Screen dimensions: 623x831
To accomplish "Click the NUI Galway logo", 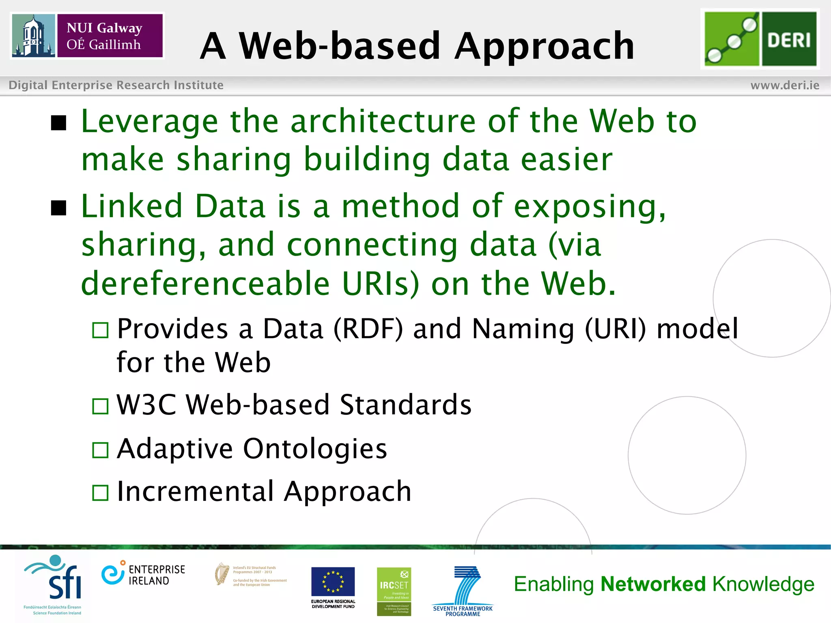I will (87, 36).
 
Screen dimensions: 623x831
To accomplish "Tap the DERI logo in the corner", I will (760, 39).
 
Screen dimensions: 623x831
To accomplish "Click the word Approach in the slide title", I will (544, 46).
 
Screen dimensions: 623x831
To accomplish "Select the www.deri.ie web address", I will (785, 85).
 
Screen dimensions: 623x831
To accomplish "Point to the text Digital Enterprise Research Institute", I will (116, 85).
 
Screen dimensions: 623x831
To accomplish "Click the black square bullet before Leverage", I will (59, 123).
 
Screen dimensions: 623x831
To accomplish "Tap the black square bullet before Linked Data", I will (59, 208).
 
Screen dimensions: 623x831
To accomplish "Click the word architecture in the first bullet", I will (383, 121).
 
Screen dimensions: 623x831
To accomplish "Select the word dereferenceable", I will (205, 284).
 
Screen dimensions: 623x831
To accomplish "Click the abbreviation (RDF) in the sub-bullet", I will (368, 329).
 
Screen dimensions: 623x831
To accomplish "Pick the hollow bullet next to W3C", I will (100, 406).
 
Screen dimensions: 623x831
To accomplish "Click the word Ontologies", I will (315, 449).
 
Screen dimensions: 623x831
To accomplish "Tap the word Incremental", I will (195, 492).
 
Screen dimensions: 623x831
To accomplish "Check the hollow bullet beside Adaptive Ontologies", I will (100, 450).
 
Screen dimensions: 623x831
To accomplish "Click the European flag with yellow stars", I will (333, 581).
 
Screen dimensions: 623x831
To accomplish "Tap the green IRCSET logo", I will (394, 591).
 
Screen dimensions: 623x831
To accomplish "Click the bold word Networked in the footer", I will (653, 584).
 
